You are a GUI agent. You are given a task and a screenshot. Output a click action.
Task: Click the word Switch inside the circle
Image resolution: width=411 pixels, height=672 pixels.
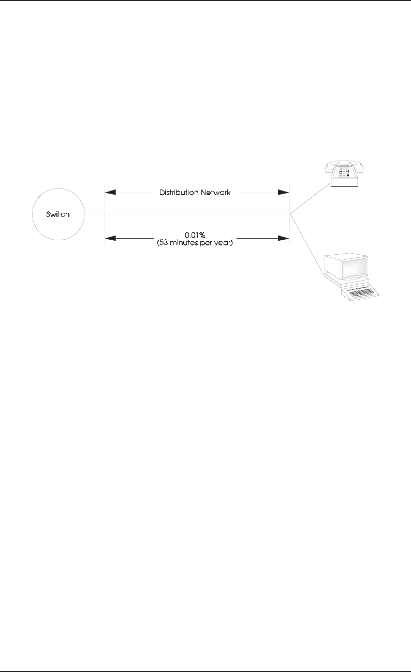point(57,214)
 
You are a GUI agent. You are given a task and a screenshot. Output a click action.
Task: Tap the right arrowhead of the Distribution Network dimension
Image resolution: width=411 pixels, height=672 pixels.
point(283,192)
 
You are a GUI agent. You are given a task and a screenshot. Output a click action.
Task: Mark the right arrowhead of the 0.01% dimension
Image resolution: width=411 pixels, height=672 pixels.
point(283,239)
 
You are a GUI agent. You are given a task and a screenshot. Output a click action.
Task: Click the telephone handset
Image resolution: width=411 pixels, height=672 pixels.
point(340,165)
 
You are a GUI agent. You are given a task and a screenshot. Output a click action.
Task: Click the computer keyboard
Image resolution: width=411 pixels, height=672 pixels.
point(363,294)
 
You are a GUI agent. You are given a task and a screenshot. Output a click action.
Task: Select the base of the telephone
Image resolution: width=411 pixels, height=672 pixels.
point(344,182)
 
